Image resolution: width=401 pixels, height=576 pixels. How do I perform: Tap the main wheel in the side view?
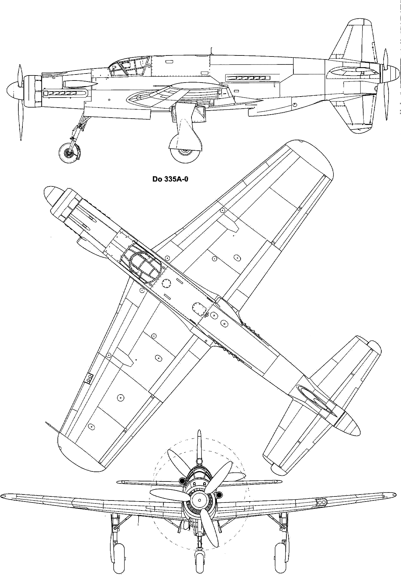(x=184, y=152)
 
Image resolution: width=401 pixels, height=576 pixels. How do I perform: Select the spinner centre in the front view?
(x=200, y=500)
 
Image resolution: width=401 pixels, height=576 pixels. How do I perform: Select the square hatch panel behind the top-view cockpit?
(x=198, y=308)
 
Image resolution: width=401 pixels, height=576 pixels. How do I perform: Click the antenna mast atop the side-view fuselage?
(x=211, y=51)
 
